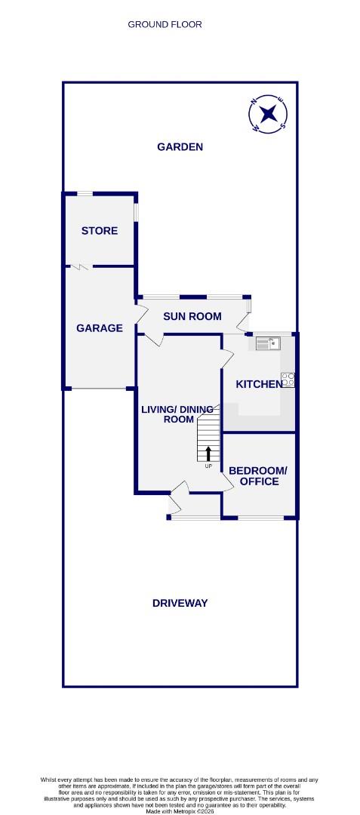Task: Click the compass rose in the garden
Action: point(269,115)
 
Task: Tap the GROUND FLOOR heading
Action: point(165,25)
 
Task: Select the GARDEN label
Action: point(180,147)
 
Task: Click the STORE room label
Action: point(100,231)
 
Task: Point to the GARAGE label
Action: point(100,328)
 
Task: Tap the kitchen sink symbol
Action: point(268,344)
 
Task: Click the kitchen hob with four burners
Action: point(288,380)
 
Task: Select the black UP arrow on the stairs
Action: point(208,454)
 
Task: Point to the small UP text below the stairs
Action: point(208,466)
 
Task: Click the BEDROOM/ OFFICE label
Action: point(258,476)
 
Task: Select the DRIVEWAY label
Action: point(180,603)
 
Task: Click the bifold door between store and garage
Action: point(82,266)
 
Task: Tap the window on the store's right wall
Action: point(137,211)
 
